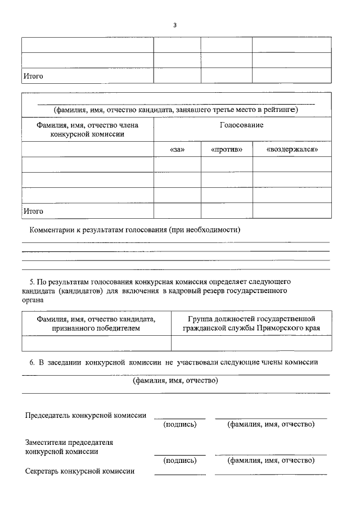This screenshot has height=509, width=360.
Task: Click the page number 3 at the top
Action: pos(175,25)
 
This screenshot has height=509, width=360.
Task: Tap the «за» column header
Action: pos(177,150)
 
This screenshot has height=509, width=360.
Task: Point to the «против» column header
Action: pos(227,150)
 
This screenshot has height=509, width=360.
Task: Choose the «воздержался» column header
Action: pos(291,150)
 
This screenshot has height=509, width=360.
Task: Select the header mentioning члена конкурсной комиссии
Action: pos(87,129)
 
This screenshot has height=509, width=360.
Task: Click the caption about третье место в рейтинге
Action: pos(175,110)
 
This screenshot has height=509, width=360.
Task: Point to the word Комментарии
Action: pos(52,230)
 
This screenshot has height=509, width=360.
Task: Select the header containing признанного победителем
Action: pos(96,323)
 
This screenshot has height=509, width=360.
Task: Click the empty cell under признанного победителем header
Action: pos(96,343)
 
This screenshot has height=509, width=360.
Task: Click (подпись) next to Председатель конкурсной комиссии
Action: pos(179,424)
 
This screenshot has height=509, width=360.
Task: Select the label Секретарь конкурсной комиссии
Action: pos(79,471)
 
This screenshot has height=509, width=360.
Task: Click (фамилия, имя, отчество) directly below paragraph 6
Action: pos(175,381)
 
